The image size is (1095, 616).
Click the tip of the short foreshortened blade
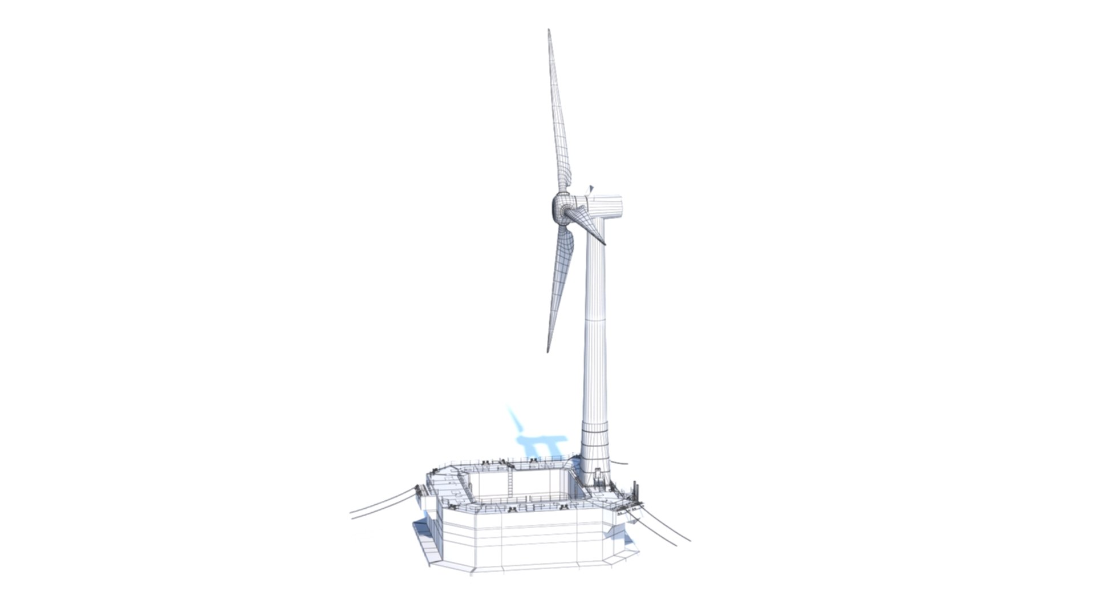pos(605,244)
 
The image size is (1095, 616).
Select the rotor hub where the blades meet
pos(561,210)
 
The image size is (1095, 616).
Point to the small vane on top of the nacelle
pos(591,188)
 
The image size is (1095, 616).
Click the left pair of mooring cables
pos(382,505)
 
